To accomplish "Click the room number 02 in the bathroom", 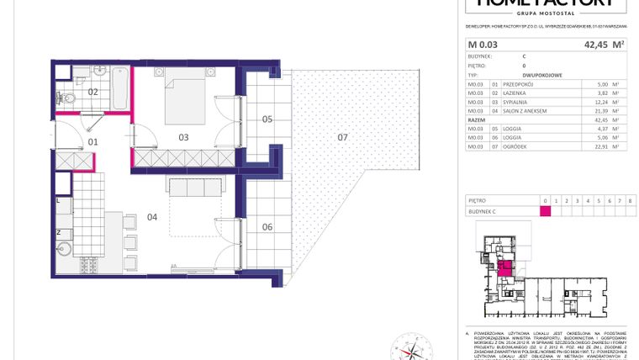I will pos(93,92).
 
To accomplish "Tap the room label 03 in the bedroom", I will pos(182,136).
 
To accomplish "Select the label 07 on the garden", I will pos(342,135).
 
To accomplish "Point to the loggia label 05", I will pos(267,119).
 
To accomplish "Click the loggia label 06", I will pos(267,226).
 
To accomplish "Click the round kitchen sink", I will pos(65,249).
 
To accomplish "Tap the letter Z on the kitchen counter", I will pos(58,230).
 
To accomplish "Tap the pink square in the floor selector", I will pos(546,210).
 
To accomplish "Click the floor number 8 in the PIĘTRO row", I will pos(629,200).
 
